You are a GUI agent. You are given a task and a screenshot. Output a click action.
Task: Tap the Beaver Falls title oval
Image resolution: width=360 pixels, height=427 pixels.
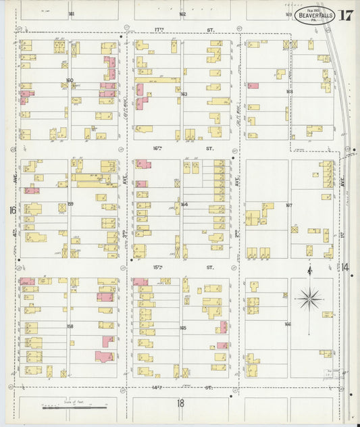[313, 15]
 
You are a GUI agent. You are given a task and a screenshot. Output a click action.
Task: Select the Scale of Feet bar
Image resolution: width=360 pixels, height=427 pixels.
[74, 407]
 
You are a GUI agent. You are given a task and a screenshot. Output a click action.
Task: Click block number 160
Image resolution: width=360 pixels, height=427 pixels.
[70, 80]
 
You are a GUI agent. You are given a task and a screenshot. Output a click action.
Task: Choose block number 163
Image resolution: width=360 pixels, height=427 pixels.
[183, 94]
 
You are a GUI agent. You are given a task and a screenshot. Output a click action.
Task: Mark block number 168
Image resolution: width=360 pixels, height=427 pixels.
[289, 91]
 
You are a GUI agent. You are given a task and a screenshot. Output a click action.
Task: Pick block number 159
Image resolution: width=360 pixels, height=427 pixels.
[70, 203]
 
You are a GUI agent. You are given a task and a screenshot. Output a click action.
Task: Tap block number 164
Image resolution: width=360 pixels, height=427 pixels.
[183, 204]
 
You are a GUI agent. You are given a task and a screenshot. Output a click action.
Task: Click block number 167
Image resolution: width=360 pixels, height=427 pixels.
[289, 205]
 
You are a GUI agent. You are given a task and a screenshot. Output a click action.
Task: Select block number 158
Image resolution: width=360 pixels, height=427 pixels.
[70, 326]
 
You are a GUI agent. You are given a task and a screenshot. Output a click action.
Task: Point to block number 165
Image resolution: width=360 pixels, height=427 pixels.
[183, 327]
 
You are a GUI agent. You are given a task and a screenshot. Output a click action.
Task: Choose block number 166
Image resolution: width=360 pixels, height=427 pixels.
[288, 324]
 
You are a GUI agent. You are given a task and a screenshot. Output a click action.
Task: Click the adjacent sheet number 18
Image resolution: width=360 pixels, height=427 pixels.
[180, 403]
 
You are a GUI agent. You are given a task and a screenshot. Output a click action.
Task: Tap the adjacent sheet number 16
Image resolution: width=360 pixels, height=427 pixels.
[12, 211]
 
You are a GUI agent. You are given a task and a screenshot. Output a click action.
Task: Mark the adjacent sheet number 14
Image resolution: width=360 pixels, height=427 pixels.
[345, 268]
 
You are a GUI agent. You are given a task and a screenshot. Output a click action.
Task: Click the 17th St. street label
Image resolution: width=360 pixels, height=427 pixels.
[182, 30]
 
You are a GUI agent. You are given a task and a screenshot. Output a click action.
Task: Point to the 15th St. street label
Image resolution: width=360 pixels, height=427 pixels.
[182, 268]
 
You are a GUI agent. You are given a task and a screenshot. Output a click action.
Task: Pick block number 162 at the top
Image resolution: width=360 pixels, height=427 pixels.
[182, 14]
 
